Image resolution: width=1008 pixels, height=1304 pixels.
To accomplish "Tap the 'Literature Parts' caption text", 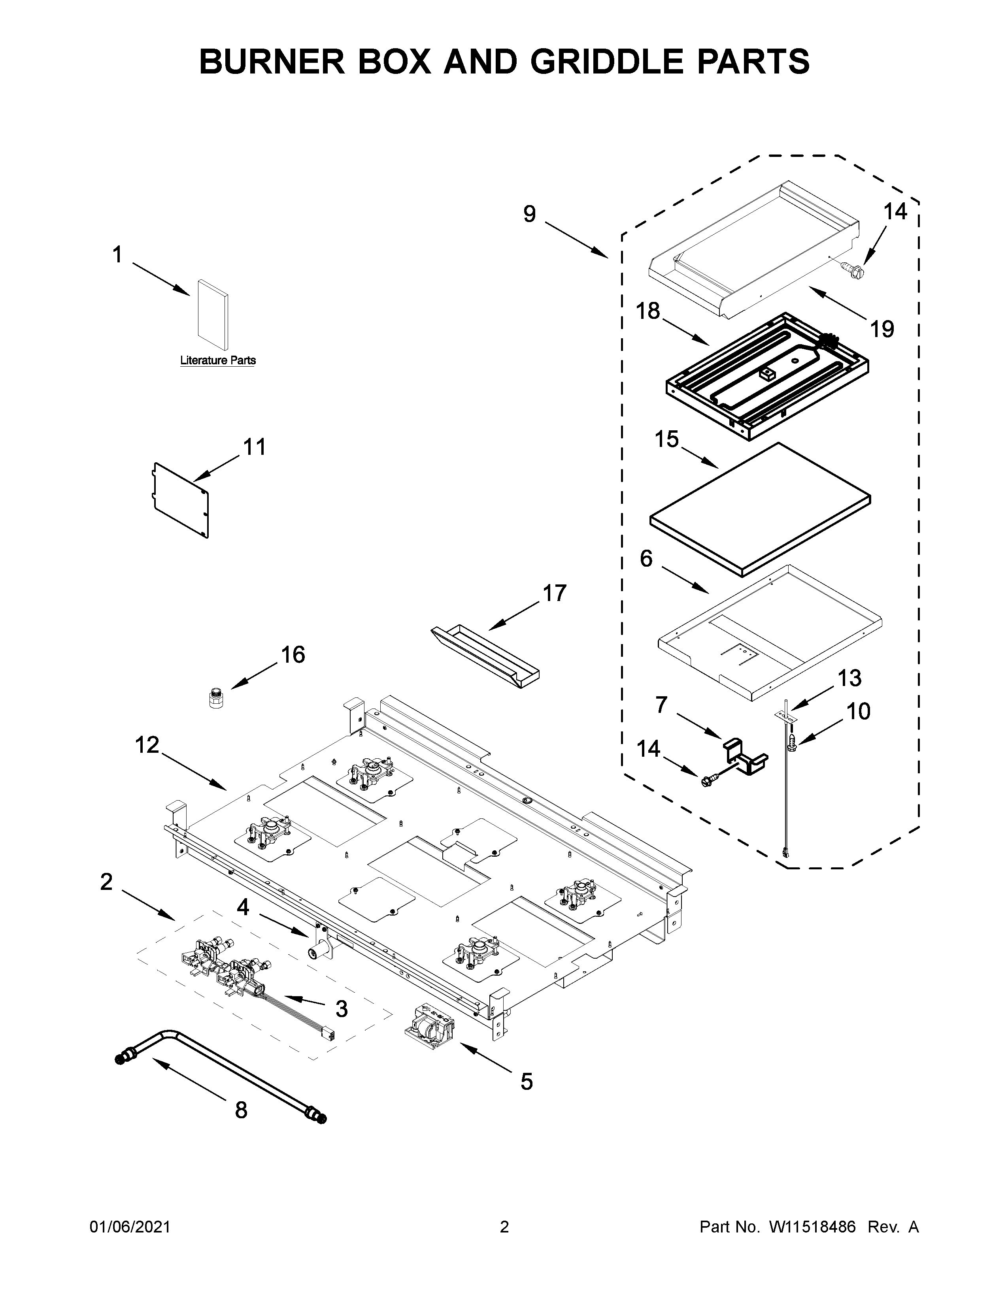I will click(x=218, y=361).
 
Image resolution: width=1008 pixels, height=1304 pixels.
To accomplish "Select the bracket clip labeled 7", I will click(x=744, y=758).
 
